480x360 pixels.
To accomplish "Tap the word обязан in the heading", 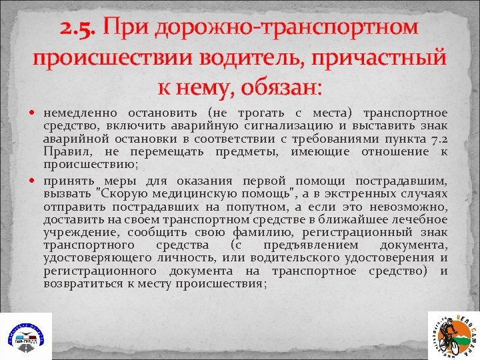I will click(273, 87).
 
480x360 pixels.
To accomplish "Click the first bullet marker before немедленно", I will click(37, 113).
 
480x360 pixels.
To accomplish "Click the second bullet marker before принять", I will click(37, 181).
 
